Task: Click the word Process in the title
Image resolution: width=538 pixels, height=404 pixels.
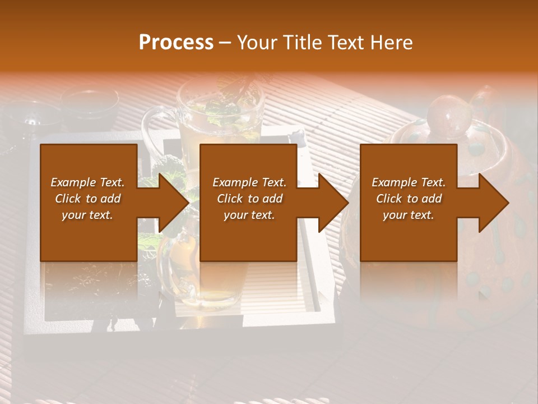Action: click(x=176, y=43)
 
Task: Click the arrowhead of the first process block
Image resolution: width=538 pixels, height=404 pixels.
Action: click(x=174, y=203)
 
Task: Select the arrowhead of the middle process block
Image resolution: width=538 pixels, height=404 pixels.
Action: click(x=333, y=203)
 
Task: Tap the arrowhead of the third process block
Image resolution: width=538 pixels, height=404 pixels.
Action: click(x=494, y=203)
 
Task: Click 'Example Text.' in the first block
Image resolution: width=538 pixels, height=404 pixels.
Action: click(x=87, y=182)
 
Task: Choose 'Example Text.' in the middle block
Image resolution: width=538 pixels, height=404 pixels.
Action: click(x=249, y=182)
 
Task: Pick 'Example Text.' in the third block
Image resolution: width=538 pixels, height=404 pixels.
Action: click(x=409, y=182)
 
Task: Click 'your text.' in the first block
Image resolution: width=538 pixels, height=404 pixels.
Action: click(x=87, y=215)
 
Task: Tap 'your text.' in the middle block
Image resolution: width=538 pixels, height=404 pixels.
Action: click(x=249, y=215)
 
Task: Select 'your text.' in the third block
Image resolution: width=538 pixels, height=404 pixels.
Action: click(x=409, y=215)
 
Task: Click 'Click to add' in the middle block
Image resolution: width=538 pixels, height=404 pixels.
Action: click(x=249, y=199)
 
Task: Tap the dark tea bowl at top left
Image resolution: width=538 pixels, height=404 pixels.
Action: click(x=90, y=104)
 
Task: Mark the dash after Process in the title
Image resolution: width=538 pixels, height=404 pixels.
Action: click(x=225, y=43)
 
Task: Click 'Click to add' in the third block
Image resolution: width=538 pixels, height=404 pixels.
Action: click(x=409, y=199)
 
